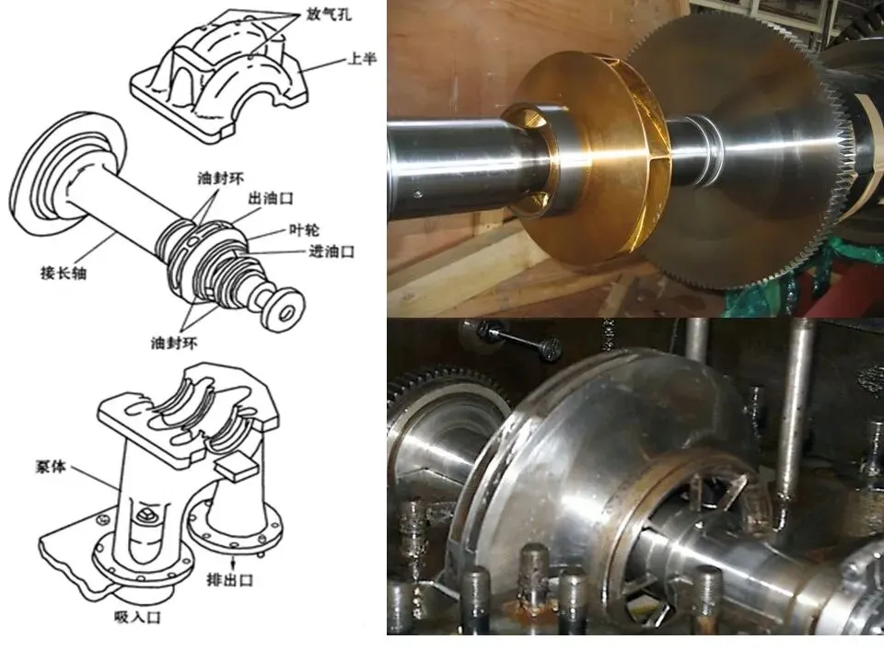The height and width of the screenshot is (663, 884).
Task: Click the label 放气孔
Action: click(x=329, y=14)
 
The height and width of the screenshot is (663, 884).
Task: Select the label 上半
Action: click(x=362, y=58)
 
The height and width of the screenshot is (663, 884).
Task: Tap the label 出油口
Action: click(x=271, y=199)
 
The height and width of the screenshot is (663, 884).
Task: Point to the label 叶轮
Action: click(x=304, y=230)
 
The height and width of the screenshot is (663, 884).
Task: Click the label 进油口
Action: click(x=331, y=251)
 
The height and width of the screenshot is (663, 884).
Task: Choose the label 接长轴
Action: click(x=64, y=273)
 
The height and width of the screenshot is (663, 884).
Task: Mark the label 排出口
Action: click(x=230, y=579)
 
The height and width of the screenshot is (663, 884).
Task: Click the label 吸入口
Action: click(x=137, y=617)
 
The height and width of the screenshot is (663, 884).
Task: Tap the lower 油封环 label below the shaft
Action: click(x=174, y=343)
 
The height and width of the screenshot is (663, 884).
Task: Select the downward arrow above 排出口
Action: click(x=233, y=561)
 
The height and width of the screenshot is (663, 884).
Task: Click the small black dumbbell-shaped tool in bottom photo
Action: click(x=518, y=340)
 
